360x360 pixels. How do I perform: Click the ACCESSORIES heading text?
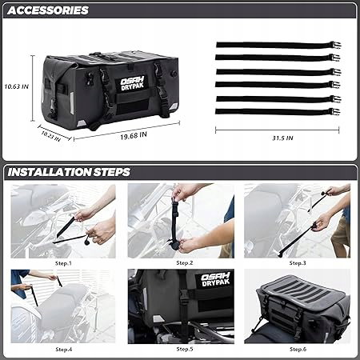[x=48, y=10]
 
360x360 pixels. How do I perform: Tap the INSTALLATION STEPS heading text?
[x=69, y=172]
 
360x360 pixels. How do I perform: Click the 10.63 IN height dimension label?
[x=16, y=86]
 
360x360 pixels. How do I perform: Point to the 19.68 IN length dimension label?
[x=134, y=136]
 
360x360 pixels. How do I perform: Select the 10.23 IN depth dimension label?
[x=50, y=136]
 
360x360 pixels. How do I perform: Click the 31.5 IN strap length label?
[x=282, y=138]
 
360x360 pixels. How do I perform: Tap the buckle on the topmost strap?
[x=335, y=45]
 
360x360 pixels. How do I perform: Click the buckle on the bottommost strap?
[x=334, y=111]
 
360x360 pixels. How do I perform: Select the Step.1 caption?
[x=63, y=263]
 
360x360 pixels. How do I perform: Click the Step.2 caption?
[x=185, y=263]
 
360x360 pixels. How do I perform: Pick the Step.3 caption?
[x=298, y=263]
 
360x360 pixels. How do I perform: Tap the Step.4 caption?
[x=64, y=350]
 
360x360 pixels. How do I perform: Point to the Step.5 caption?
[x=185, y=349]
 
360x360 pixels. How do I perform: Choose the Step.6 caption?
[x=298, y=349]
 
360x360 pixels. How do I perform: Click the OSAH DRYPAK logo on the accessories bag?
[x=133, y=83]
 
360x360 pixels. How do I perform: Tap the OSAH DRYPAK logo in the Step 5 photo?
[x=215, y=279]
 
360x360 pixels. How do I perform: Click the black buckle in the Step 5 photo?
[x=183, y=298]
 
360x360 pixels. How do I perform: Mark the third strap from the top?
[x=278, y=72]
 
